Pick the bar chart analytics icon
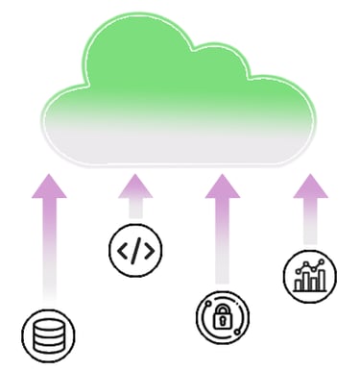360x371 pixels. point(309,276)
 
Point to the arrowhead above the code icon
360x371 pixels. point(134,185)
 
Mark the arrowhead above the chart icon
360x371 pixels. point(309,185)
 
